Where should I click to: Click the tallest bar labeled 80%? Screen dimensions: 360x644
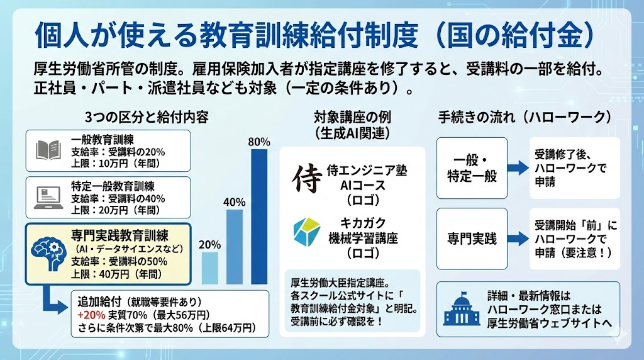(x=259, y=217)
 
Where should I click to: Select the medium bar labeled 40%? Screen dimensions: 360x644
(x=234, y=247)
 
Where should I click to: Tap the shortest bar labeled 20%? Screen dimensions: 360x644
(x=209, y=268)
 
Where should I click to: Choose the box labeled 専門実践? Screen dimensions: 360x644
(x=472, y=239)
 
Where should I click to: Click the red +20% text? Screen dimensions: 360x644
(x=89, y=314)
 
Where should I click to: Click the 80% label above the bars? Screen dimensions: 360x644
(x=259, y=142)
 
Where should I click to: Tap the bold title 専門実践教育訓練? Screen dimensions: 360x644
(x=119, y=237)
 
